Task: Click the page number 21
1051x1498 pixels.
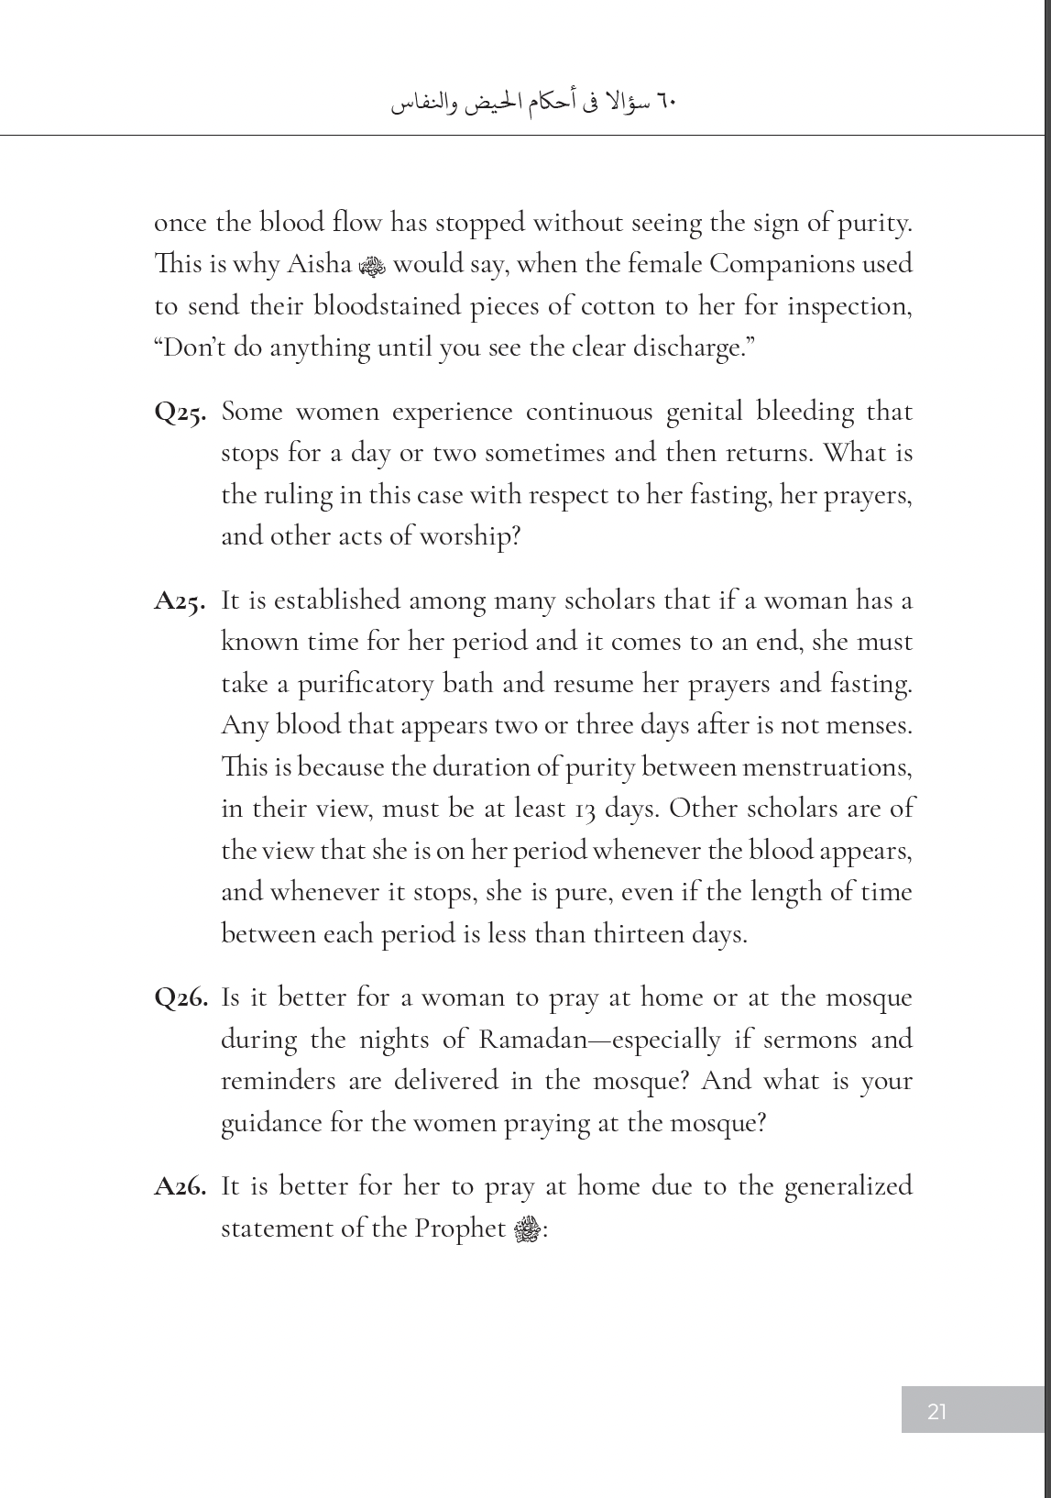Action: [x=936, y=1411]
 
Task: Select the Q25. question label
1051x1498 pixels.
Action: [x=181, y=413]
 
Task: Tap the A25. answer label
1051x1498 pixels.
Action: [x=181, y=601]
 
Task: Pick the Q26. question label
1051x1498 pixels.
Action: [x=181, y=998]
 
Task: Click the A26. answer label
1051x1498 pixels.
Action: [x=181, y=1187]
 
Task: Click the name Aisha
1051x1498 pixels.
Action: [x=319, y=264]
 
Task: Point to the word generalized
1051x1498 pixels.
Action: [x=849, y=1186]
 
